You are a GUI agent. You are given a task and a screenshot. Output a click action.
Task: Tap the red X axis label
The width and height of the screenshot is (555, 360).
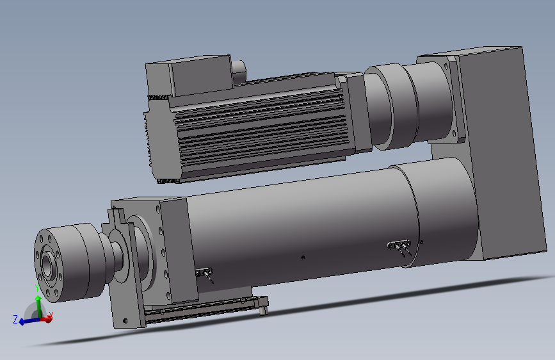(52, 315)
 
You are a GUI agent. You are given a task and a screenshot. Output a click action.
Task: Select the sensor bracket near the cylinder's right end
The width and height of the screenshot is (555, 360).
(400, 247)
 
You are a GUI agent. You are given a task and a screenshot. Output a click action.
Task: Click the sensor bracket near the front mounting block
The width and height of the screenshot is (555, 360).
(206, 274)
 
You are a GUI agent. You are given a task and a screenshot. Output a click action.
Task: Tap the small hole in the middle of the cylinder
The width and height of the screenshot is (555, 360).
(303, 258)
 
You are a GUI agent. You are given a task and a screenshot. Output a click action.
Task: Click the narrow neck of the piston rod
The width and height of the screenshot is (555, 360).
(109, 256)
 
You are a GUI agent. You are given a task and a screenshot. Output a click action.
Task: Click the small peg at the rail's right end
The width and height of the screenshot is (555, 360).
(262, 311)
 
